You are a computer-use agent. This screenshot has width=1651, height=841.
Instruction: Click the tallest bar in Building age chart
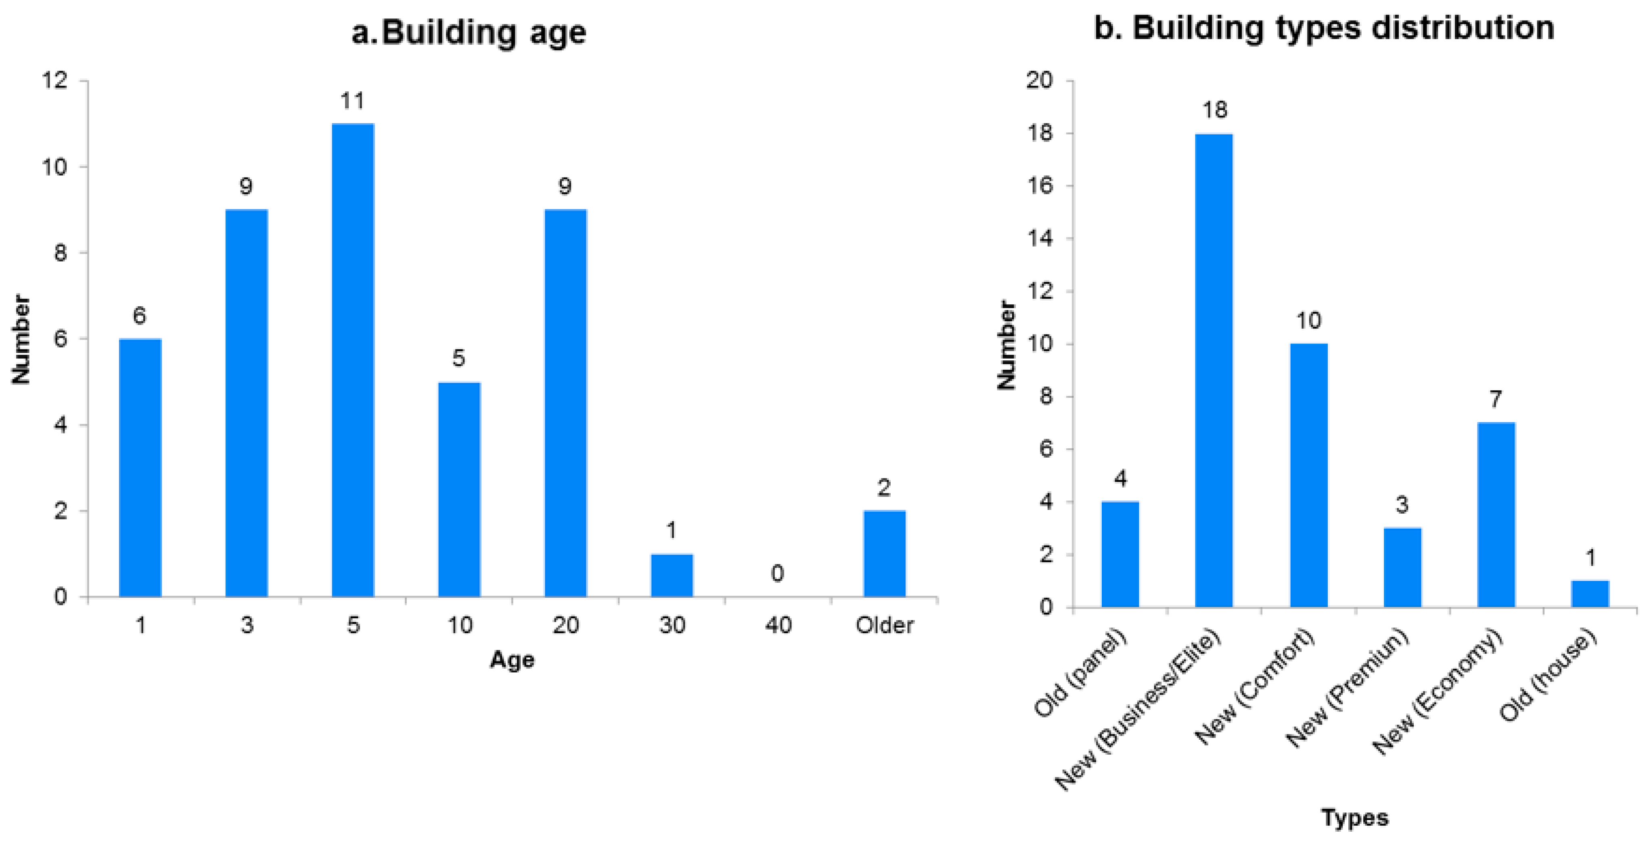[352, 359]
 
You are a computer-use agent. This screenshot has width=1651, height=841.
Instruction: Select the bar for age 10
[459, 489]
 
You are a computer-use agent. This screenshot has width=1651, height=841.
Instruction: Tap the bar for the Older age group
[885, 553]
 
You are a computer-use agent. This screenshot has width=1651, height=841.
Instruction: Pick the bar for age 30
[672, 575]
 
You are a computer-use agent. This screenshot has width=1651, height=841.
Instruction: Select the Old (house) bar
[1590, 594]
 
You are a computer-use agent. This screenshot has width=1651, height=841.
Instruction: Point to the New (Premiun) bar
[1402, 567]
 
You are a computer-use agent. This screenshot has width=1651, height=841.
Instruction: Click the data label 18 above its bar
[1214, 110]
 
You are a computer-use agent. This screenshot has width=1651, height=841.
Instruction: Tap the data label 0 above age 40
[777, 573]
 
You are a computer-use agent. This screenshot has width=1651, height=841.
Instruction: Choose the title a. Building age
[469, 32]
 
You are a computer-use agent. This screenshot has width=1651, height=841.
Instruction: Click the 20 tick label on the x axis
[565, 624]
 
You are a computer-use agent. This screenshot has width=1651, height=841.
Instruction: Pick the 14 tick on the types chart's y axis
[1040, 238]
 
